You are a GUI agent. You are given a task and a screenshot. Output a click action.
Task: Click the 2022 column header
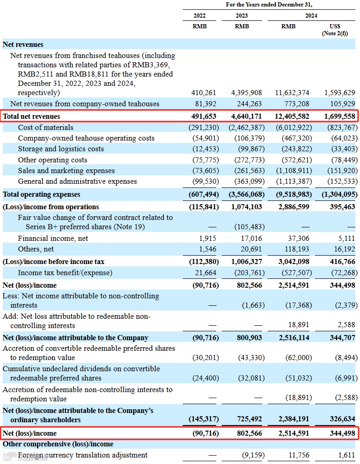(199, 15)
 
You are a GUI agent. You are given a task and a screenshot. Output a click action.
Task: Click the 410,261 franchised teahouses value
(204, 93)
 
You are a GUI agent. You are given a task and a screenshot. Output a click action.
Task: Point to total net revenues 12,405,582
(292, 116)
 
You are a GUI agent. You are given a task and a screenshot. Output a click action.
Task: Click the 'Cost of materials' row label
(45, 127)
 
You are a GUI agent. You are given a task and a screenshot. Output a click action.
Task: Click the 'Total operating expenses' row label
(41, 194)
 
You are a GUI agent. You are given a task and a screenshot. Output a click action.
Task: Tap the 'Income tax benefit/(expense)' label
(65, 273)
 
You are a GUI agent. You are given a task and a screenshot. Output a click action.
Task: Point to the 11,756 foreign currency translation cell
(299, 455)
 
